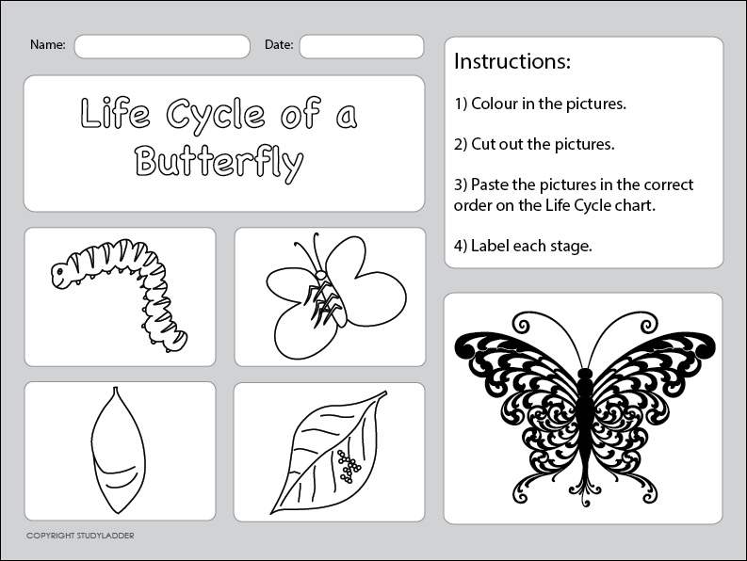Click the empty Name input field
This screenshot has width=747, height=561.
pos(162,47)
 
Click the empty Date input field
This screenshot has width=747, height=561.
pos(362,47)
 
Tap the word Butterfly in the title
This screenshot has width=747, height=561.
pos(219,163)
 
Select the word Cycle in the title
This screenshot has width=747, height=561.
pos(216,115)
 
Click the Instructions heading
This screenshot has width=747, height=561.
pos(512,61)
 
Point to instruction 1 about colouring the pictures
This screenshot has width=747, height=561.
pos(541,104)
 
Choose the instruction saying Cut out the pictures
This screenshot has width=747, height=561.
pos(534,144)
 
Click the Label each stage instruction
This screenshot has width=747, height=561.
pos(523,246)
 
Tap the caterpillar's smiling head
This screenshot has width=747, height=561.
pos(62,274)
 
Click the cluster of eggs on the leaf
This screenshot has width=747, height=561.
pos(349,466)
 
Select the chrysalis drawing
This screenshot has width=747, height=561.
pos(118,450)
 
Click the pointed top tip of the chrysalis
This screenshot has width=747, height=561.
pos(114,388)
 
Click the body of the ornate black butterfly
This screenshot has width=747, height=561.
pos(584,419)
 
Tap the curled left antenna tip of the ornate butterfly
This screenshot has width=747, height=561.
pos(523,327)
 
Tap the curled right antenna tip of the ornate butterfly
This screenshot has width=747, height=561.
pos(647,327)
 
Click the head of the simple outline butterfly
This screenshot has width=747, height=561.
pos(321,275)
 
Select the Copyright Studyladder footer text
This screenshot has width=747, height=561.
pos(80,536)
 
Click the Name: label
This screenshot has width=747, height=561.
pos(48,45)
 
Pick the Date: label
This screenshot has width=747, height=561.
pos(279,45)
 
